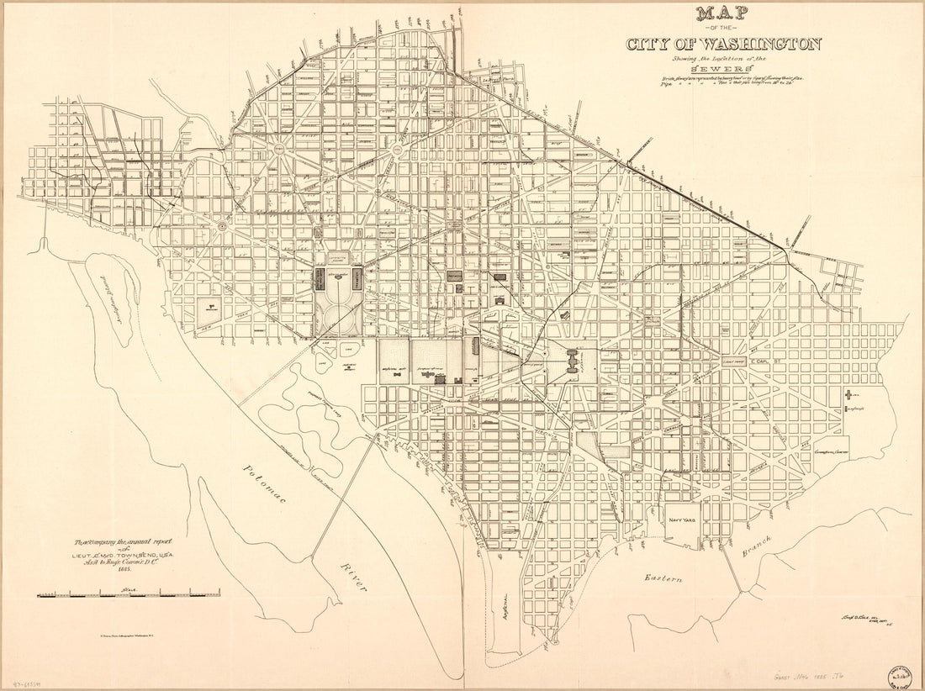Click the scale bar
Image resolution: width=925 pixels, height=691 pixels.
(x=127, y=595)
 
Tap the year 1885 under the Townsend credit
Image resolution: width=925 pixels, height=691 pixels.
(x=127, y=568)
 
